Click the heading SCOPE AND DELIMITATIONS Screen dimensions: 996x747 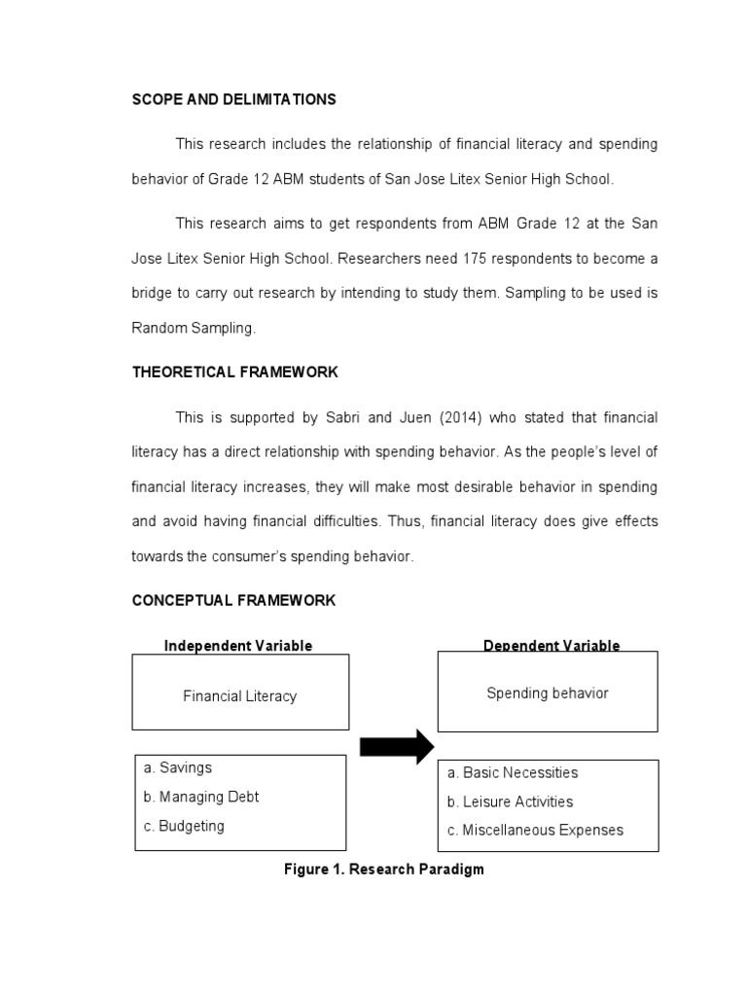(x=233, y=99)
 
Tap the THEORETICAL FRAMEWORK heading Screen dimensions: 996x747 (x=234, y=373)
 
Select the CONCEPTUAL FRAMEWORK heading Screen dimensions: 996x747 (x=233, y=600)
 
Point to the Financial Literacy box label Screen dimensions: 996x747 (x=239, y=695)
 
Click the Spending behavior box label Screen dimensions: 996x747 (x=547, y=693)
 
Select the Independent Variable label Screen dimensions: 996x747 (x=238, y=646)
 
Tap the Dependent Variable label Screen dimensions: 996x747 (x=551, y=646)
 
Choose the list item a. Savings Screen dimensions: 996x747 (x=177, y=767)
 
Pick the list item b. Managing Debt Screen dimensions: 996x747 (x=200, y=797)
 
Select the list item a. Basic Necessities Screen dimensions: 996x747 (x=512, y=772)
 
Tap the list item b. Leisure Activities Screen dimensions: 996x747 (x=510, y=801)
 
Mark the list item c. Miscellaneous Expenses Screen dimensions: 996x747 (x=535, y=830)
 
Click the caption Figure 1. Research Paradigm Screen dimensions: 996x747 (x=383, y=869)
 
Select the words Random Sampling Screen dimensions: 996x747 (x=193, y=328)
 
